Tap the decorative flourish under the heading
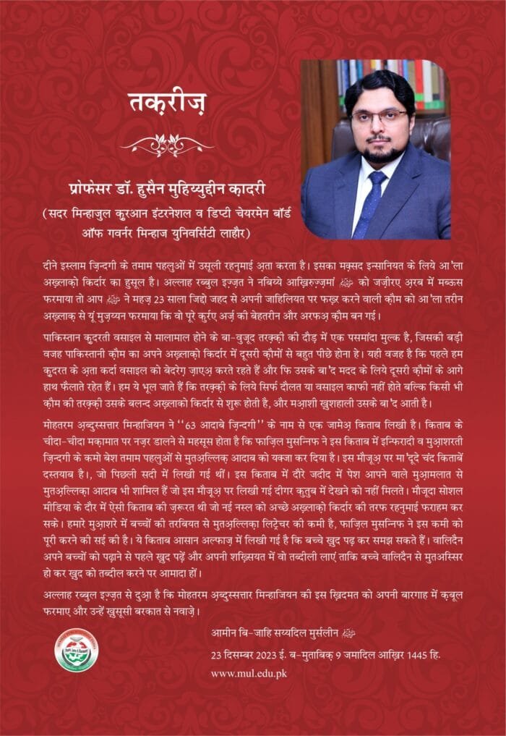click(167, 144)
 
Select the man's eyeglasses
click(379, 116)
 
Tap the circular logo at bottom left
click(76, 649)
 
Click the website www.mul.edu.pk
click(249, 673)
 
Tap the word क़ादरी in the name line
click(249, 190)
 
